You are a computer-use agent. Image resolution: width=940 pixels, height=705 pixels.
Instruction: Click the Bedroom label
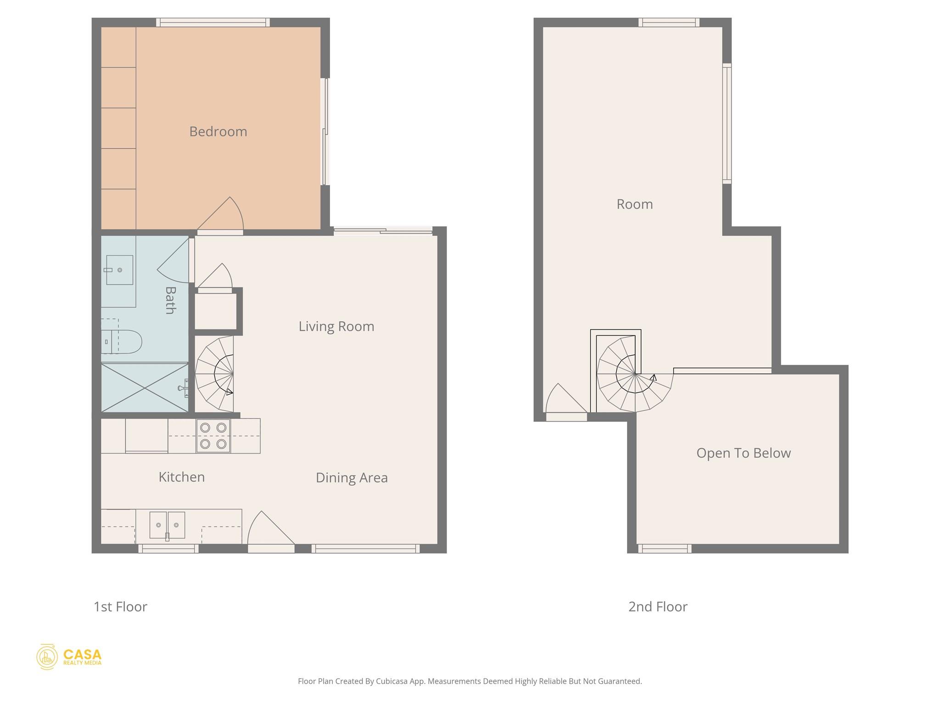coord(218,132)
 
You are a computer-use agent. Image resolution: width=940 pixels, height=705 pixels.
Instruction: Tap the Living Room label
coord(336,326)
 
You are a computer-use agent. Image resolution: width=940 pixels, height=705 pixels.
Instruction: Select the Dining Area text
coord(352,478)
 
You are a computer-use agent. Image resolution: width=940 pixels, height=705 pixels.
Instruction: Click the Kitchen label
coord(181,477)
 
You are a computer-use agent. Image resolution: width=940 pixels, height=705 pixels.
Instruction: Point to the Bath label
coord(170,300)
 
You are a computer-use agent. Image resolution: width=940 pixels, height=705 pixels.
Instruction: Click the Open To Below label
coord(743,453)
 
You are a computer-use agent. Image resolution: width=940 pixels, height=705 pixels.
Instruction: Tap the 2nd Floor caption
coord(657,607)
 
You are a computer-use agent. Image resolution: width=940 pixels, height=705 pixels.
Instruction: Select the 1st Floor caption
coord(120,607)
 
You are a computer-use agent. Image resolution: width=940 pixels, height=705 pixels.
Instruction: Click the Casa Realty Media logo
coord(69,657)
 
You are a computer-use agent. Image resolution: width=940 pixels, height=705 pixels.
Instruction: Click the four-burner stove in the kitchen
coord(213,436)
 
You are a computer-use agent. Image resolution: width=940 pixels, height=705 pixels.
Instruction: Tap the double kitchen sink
coord(167,525)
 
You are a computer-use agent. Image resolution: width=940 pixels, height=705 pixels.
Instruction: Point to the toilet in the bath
coord(122,341)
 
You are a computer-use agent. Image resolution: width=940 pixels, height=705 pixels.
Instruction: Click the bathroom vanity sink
coord(119,270)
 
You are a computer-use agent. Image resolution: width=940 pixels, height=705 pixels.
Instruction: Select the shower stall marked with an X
coord(145,388)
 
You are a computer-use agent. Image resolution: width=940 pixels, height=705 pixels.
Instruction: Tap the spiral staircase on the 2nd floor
coord(633,375)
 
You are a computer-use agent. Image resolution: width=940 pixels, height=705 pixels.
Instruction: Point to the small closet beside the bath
coord(215,311)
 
